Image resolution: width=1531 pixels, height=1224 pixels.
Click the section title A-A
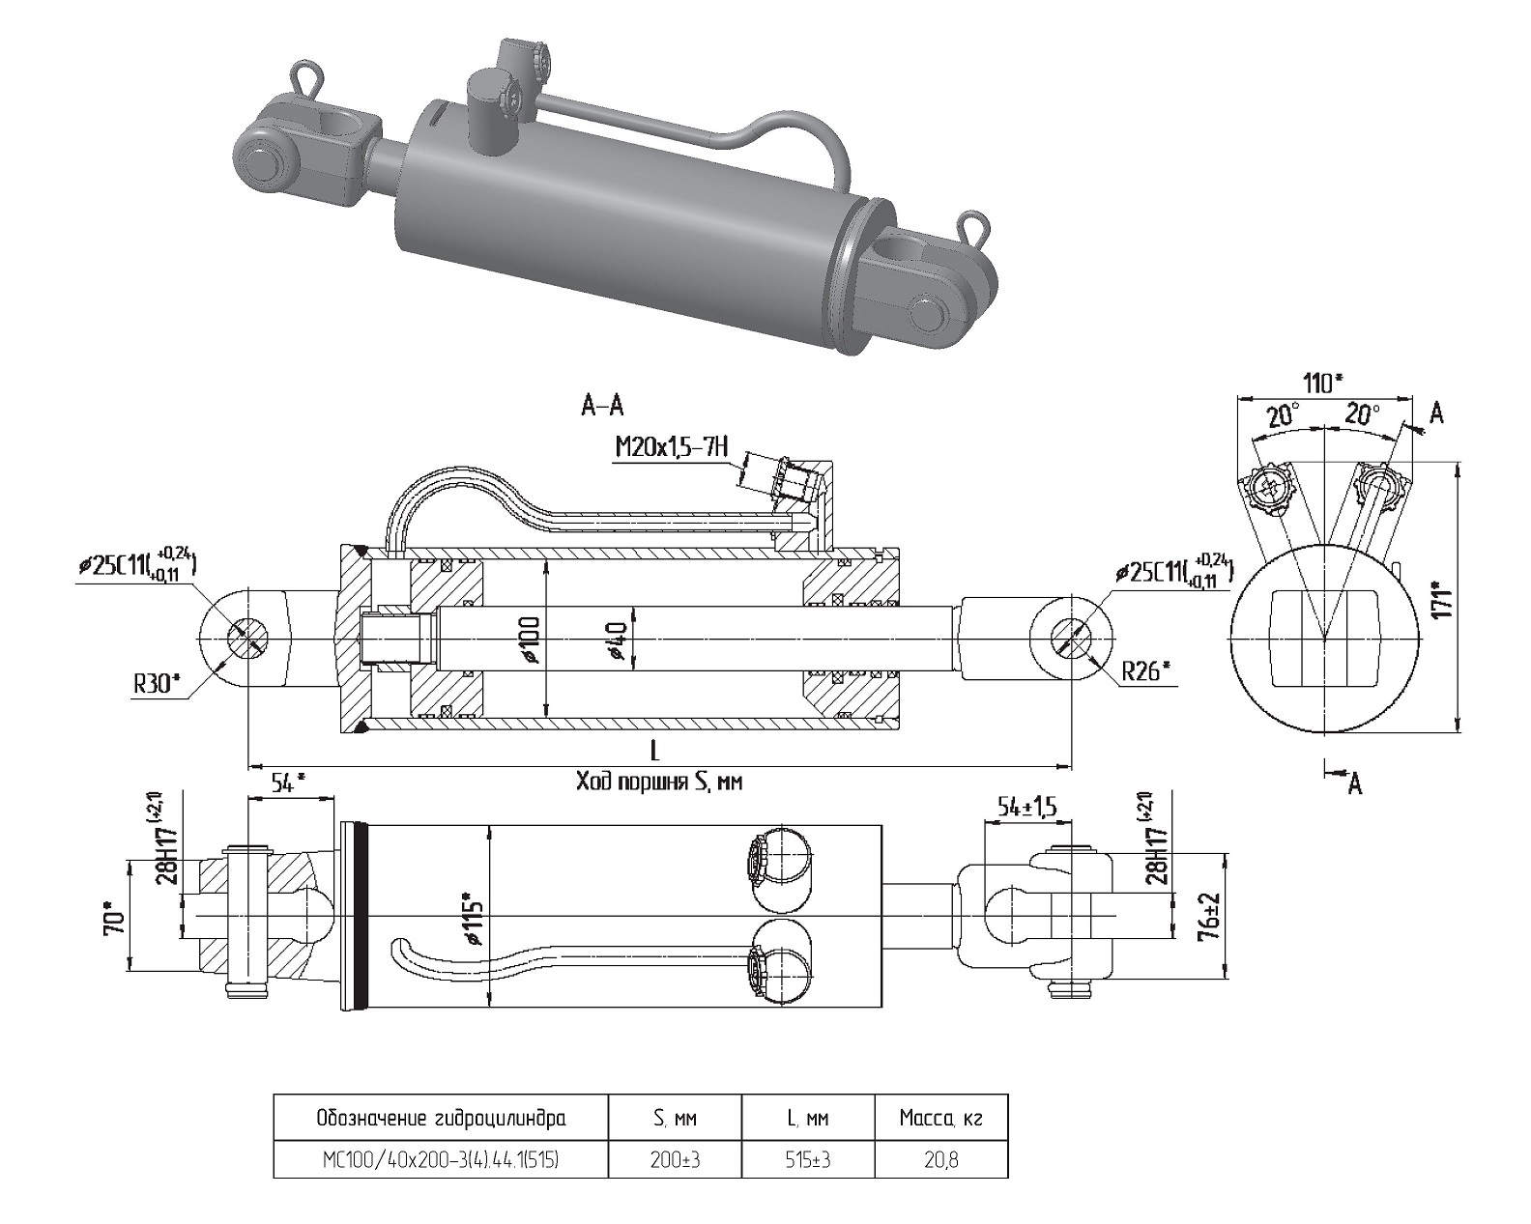tap(602, 407)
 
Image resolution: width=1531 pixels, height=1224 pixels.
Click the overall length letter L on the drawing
tap(656, 750)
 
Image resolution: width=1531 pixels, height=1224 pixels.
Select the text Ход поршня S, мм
tap(659, 781)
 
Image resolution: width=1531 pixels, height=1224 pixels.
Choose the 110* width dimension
tap(1323, 384)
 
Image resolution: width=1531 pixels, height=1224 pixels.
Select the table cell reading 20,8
tap(940, 1159)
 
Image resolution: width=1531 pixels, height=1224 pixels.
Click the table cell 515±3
tap(807, 1159)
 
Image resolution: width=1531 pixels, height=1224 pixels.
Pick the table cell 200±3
tap(675, 1159)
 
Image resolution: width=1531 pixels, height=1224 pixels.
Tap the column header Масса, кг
tap(940, 1119)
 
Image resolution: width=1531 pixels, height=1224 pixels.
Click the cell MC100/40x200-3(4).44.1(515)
tap(441, 1159)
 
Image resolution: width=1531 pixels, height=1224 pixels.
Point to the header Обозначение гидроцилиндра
tap(441, 1119)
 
